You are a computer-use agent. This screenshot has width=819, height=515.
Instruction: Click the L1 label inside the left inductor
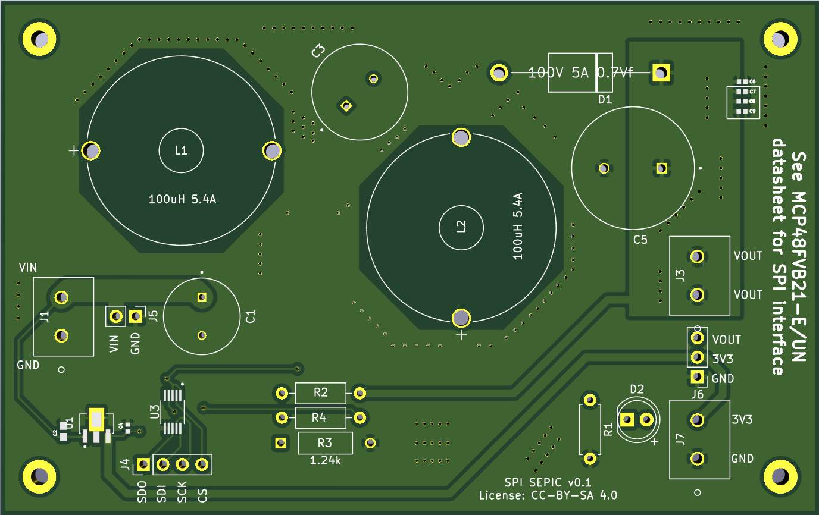click(x=181, y=150)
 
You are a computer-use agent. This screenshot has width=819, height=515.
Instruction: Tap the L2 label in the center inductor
click(x=461, y=227)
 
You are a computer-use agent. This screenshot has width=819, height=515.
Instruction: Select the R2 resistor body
click(x=320, y=392)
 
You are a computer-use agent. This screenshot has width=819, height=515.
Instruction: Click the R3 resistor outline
click(x=325, y=442)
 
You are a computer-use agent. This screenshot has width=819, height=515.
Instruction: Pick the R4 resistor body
click(x=320, y=417)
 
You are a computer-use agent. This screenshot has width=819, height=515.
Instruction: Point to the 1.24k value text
click(x=324, y=460)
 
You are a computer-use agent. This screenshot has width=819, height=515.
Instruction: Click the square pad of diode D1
click(x=660, y=73)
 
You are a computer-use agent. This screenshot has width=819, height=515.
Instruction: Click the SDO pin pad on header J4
click(x=143, y=464)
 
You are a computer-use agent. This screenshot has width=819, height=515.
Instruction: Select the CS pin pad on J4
click(x=202, y=464)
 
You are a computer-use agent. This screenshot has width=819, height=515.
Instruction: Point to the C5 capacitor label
click(x=640, y=240)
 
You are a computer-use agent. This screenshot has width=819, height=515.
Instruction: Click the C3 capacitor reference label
click(x=318, y=51)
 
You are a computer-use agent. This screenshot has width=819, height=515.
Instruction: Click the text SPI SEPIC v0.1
click(x=548, y=482)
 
